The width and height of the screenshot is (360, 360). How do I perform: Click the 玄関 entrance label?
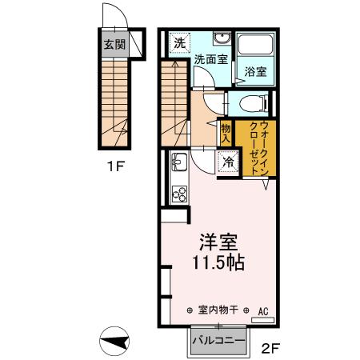(114, 44)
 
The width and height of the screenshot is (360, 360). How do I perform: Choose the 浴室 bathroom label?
(256, 72)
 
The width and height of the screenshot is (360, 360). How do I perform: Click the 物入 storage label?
(226, 133)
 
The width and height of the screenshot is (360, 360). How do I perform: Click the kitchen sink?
(178, 162)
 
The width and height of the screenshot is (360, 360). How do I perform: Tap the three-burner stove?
(179, 194)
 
